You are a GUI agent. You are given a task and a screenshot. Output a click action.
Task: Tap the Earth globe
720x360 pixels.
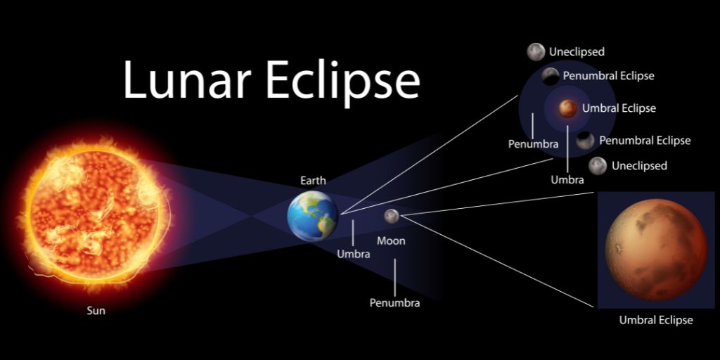click(x=313, y=216)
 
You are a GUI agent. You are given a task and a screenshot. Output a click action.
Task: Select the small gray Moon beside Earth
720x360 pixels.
click(x=392, y=216)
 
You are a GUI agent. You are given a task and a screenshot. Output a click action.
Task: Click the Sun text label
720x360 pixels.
click(x=96, y=310)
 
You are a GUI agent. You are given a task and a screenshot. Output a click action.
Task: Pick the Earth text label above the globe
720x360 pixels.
click(x=313, y=181)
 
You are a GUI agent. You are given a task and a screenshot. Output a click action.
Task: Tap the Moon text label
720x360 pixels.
click(x=391, y=241)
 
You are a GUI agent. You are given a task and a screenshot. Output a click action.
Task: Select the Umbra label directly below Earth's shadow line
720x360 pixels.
click(x=353, y=254)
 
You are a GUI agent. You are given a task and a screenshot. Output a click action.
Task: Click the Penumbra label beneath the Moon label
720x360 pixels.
click(x=394, y=303)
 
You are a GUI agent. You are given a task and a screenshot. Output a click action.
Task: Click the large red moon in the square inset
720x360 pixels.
click(x=655, y=249)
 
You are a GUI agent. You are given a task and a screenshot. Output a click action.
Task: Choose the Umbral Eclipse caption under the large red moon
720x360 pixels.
click(x=655, y=320)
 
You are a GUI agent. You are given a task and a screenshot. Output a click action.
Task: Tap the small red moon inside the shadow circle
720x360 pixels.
click(x=568, y=108)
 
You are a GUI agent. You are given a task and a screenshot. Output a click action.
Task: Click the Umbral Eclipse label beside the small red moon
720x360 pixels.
click(x=619, y=108)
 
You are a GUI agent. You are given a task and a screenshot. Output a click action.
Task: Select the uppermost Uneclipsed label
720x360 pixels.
click(x=577, y=51)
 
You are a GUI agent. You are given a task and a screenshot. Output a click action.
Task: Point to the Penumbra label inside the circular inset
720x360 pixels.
click(x=533, y=143)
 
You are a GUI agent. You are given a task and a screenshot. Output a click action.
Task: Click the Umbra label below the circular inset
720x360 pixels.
click(x=567, y=179)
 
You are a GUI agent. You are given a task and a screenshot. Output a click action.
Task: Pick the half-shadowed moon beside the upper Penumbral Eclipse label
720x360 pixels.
click(x=551, y=76)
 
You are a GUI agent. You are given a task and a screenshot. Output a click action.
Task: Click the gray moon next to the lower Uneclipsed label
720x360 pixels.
click(x=598, y=166)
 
